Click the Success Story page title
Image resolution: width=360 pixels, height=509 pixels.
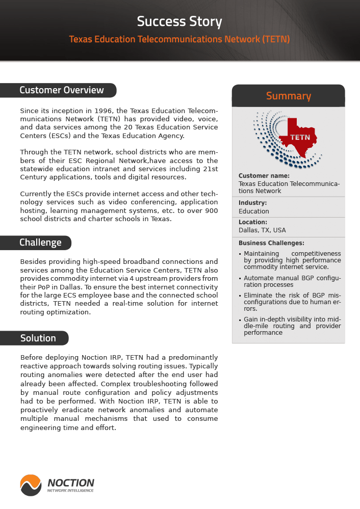(179, 21)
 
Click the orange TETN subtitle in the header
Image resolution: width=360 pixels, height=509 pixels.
(179, 39)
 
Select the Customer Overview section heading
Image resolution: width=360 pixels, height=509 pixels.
(61, 90)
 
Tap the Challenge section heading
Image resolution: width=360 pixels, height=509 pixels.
(40, 243)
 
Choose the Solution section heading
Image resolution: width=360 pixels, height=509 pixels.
(38, 338)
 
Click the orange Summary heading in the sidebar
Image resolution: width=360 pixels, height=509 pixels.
(288, 96)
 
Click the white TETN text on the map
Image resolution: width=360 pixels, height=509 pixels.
(300, 138)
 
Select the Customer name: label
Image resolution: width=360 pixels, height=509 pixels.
(264, 176)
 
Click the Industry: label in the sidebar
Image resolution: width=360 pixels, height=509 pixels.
(252, 203)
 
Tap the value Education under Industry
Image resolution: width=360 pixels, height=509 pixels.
(253, 211)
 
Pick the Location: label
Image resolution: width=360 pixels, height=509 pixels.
(252, 222)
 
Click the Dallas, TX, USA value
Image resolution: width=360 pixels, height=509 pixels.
(262, 230)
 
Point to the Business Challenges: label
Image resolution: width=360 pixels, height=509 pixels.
(271, 243)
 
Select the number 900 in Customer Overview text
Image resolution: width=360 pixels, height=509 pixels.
(210, 210)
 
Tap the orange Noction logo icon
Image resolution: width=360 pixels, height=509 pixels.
(31, 485)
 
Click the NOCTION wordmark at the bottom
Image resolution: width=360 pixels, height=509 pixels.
(70, 483)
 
